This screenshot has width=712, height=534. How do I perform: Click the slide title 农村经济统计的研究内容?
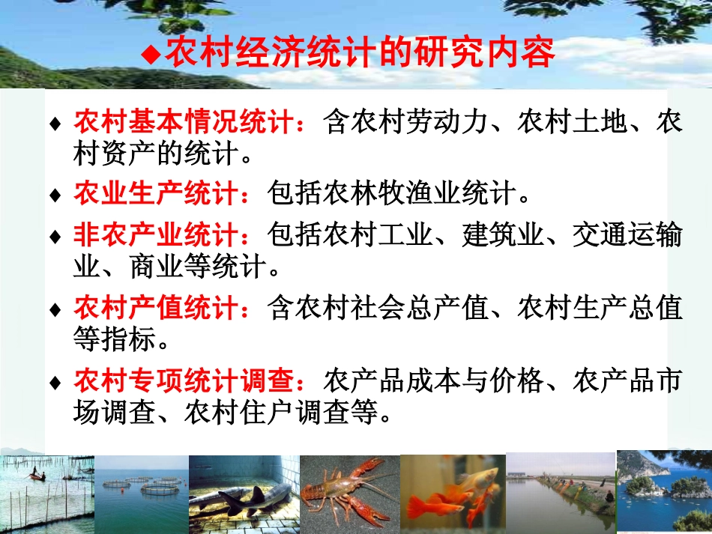pos(360,54)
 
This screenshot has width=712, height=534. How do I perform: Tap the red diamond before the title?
pos(152,54)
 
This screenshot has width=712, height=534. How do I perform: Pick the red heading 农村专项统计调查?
pos(187,380)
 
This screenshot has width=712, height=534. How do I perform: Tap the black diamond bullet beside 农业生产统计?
pos(55,195)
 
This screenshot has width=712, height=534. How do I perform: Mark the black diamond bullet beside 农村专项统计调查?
pos(55,382)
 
